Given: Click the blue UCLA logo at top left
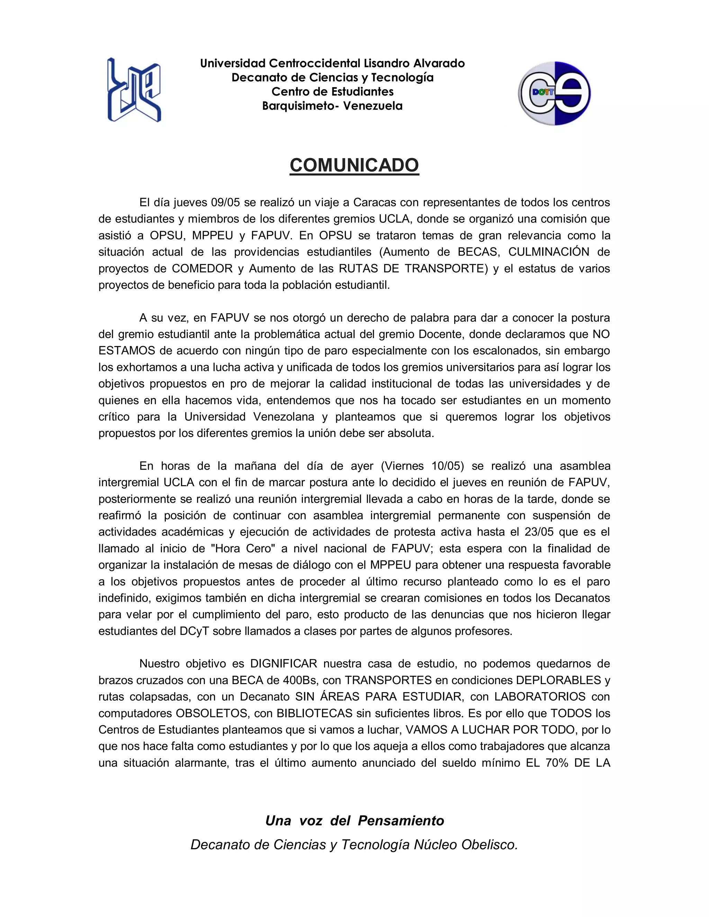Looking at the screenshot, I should point(134,90).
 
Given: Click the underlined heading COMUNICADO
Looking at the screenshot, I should point(354,165).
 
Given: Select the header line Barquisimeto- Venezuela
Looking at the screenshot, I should point(332,106).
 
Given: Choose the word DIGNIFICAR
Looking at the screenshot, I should point(284,664).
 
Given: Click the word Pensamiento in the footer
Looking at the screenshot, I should point(401,820).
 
